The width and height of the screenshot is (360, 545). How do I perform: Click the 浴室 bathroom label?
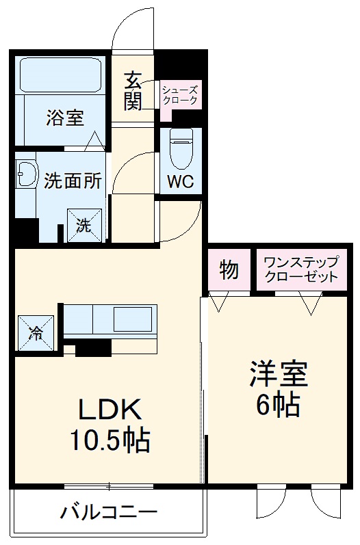click(x=65, y=118)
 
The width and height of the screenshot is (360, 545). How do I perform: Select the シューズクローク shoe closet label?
click(x=181, y=95)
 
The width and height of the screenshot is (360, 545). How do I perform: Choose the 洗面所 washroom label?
click(x=73, y=181)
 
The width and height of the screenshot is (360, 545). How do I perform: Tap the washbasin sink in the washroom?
click(x=27, y=176)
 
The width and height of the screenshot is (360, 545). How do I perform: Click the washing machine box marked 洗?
click(x=83, y=226)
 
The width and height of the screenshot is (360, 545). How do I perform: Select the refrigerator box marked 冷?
click(x=35, y=332)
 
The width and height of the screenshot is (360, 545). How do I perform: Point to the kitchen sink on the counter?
click(x=133, y=319)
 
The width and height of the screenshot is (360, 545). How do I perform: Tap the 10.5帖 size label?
click(x=110, y=441)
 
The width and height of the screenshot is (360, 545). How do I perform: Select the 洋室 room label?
click(x=278, y=375)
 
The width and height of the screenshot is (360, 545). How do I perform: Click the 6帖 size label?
click(x=278, y=407)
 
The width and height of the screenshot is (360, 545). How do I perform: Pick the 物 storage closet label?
click(x=229, y=270)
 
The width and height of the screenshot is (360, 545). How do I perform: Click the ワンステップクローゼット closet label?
click(x=300, y=270)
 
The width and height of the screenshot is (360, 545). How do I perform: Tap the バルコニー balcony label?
click(x=108, y=511)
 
